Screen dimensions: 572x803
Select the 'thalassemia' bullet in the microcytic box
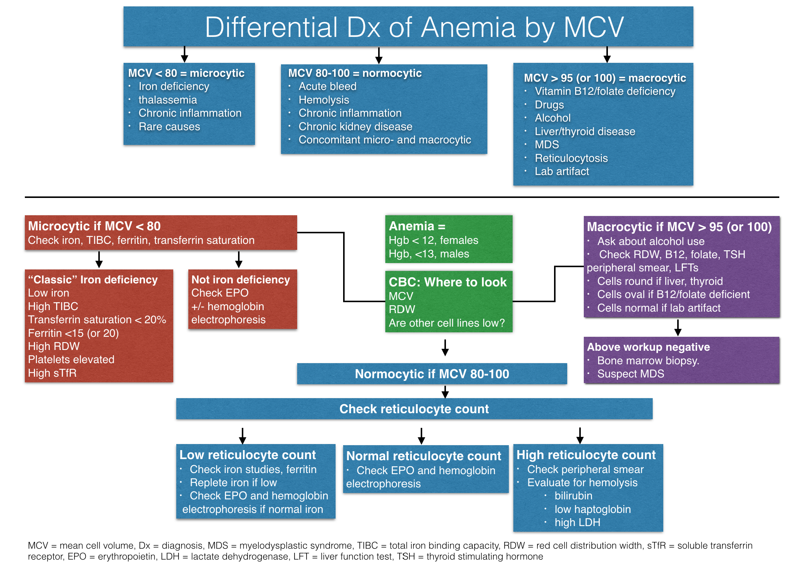coord(168,100)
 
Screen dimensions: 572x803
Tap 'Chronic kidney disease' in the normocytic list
coord(355,126)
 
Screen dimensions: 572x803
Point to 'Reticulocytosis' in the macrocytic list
coord(571,158)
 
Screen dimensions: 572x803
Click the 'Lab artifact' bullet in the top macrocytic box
coord(562,171)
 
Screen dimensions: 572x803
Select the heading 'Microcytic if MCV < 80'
coord(94,226)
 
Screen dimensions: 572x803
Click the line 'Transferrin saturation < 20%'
coord(97,319)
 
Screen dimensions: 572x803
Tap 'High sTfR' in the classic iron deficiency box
coord(52,373)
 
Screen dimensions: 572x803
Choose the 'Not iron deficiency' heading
coord(241,280)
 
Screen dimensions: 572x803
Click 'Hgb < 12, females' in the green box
coord(433,240)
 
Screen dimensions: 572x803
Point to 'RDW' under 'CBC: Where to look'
coord(401,309)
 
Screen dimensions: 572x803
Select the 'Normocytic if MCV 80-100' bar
coord(432,374)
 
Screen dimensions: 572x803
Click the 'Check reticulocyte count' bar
coord(414,409)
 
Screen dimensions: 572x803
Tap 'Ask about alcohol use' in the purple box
coord(650,241)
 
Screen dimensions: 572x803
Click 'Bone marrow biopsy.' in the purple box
coord(648,361)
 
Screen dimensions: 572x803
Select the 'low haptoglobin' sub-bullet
coord(592,509)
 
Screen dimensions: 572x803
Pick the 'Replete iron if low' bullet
coord(233,482)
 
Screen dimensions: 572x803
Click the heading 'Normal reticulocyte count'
coord(423,456)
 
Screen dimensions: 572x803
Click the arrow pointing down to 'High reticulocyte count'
coord(580,436)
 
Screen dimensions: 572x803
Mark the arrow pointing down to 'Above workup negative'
coord(678,328)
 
